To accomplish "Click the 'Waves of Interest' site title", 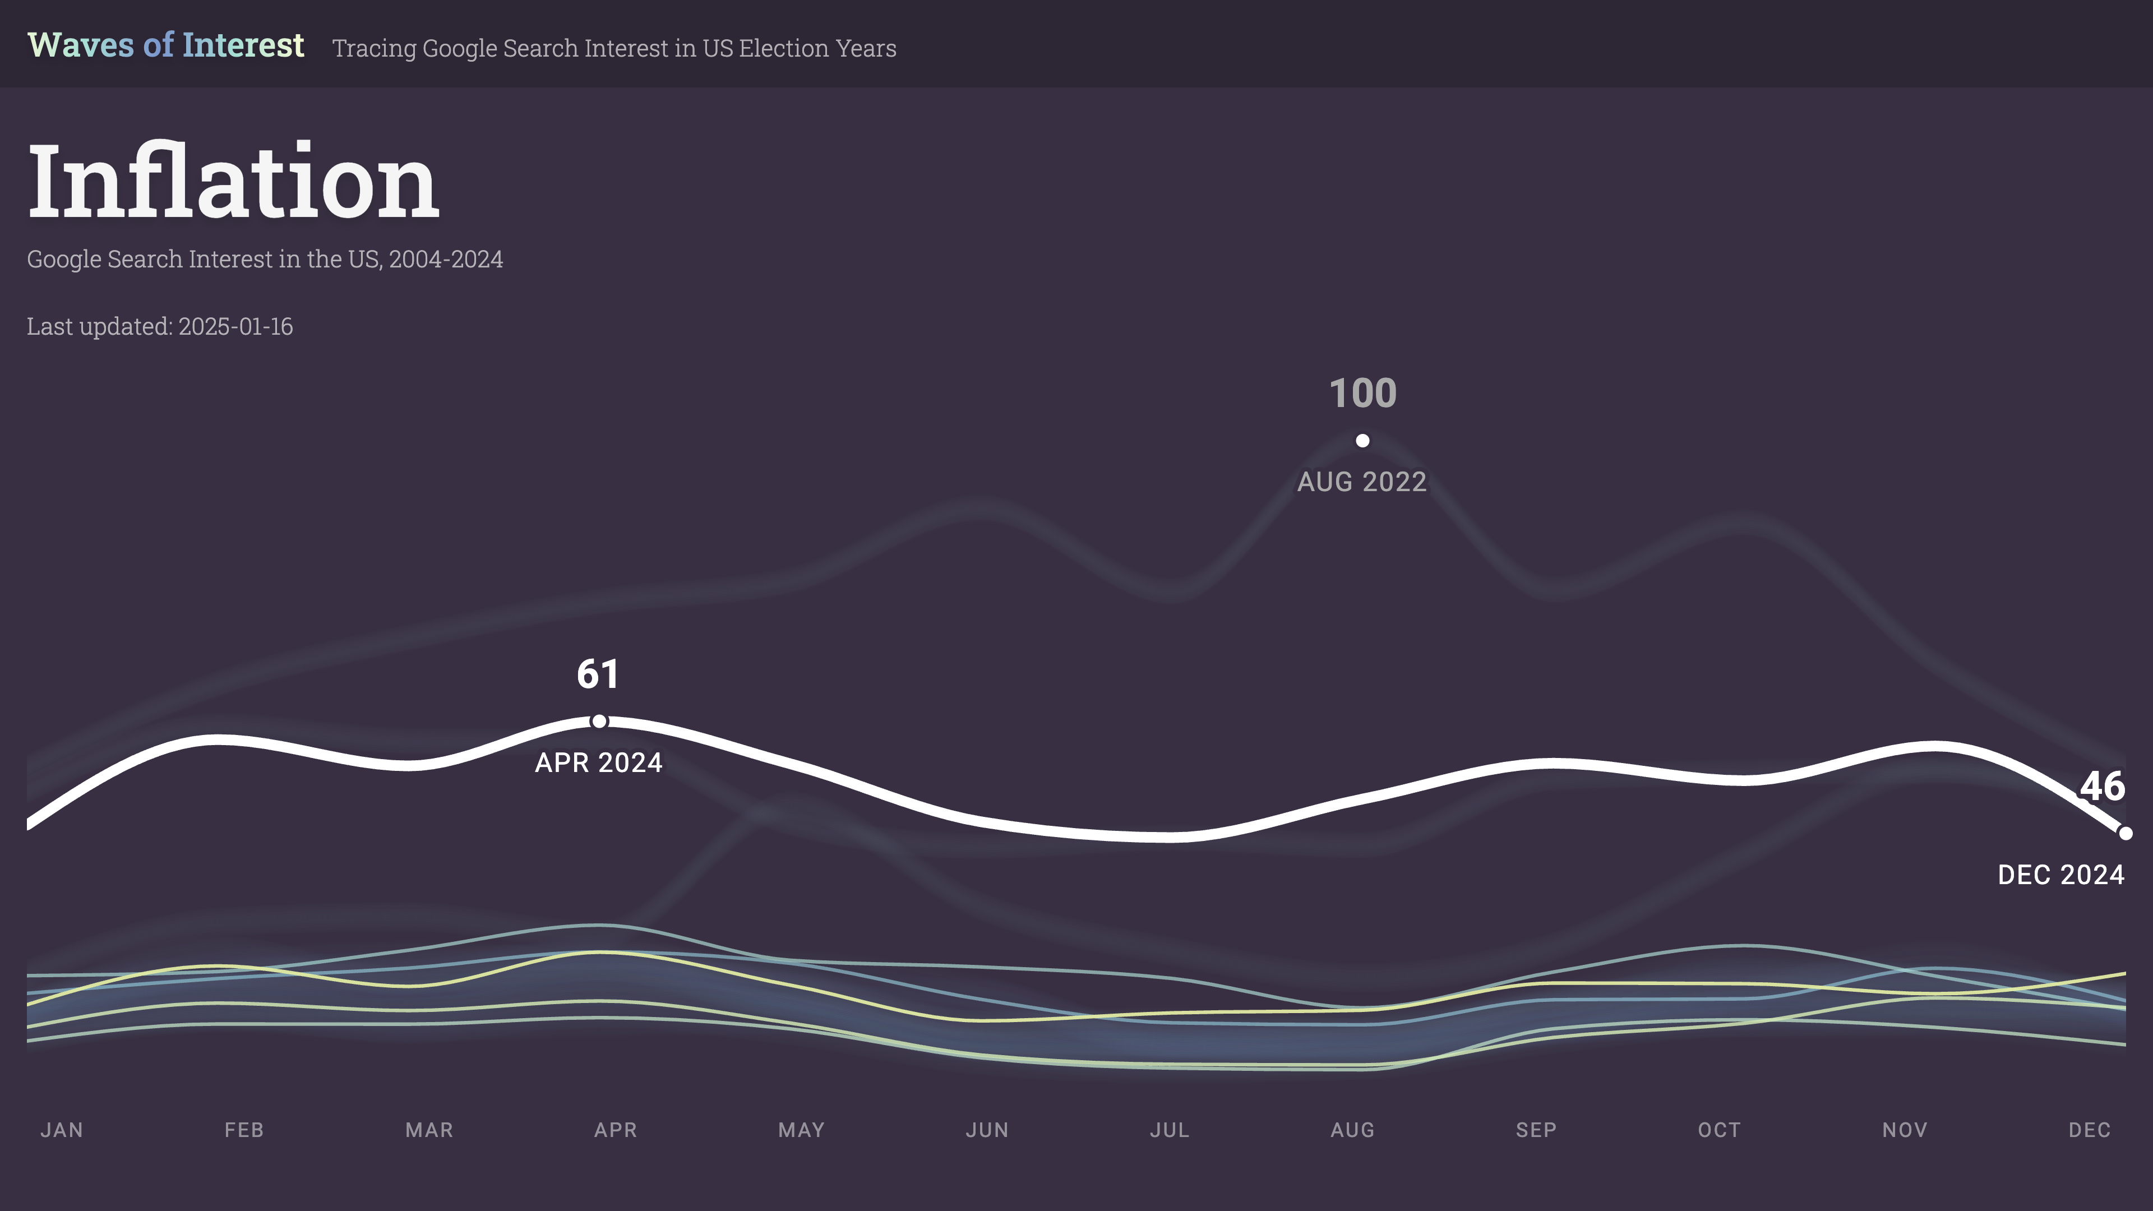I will pyautogui.click(x=165, y=45).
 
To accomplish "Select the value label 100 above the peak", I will pyautogui.click(x=1362, y=394).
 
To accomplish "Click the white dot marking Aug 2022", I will pyautogui.click(x=1362, y=441).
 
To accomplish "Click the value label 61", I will pyautogui.click(x=598, y=674).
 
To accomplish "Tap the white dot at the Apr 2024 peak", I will pyautogui.click(x=599, y=721).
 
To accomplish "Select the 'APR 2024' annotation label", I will pyautogui.click(x=598, y=763).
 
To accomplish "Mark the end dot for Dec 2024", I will pyautogui.click(x=2126, y=833).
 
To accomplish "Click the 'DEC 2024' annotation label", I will pyautogui.click(x=2061, y=875).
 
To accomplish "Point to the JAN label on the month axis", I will pyautogui.click(x=62, y=1130).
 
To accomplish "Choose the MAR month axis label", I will pyautogui.click(x=429, y=1130).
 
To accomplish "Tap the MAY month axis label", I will pyautogui.click(x=802, y=1130).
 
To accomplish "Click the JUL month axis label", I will pyautogui.click(x=1169, y=1130).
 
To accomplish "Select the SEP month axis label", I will pyautogui.click(x=1536, y=1130).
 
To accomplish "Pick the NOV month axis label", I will pyautogui.click(x=1905, y=1130).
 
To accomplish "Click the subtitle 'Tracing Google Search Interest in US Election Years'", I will pyautogui.click(x=615, y=48).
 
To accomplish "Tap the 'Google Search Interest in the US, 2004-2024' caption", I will pyautogui.click(x=265, y=259).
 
